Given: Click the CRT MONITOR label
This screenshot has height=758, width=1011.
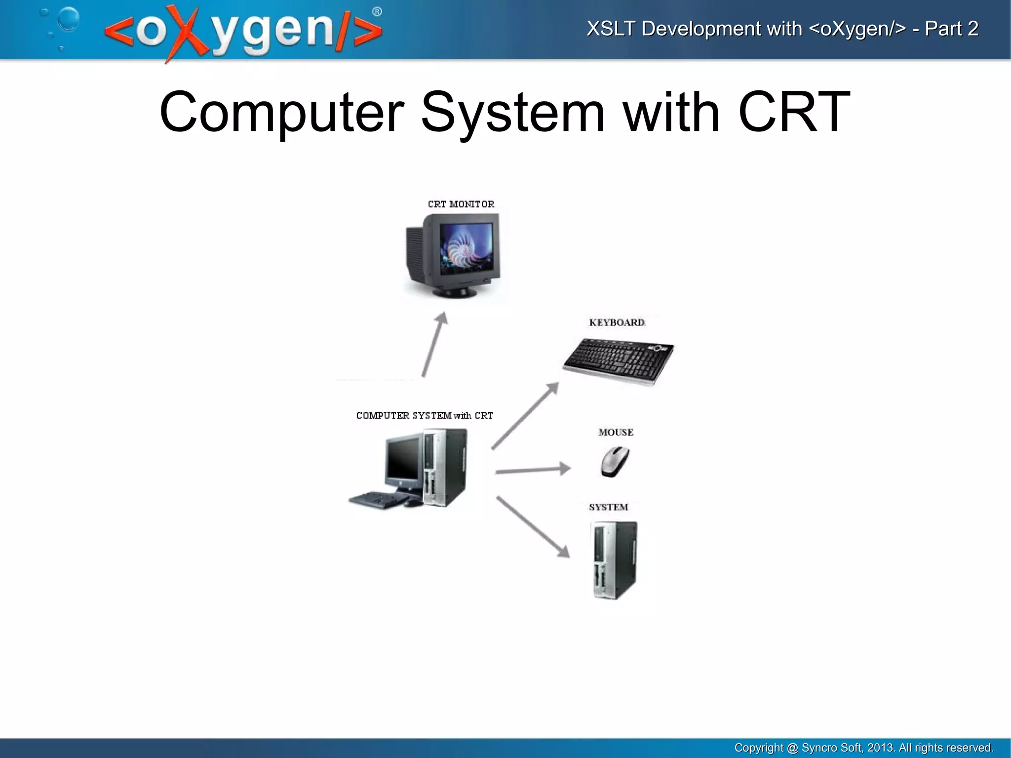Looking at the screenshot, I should click(461, 204).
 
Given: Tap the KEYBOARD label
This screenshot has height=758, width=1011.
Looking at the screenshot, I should click(617, 322).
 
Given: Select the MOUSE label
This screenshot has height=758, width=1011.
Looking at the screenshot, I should click(616, 433).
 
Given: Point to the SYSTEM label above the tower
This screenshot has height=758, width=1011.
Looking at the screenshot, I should click(608, 507).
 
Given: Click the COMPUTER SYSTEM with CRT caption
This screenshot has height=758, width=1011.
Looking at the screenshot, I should click(424, 415).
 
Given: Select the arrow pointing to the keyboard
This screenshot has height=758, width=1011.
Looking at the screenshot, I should click(525, 416).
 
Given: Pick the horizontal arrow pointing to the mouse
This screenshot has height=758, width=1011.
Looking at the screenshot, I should click(533, 470).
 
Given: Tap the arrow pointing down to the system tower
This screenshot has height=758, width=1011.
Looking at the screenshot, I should click(533, 527).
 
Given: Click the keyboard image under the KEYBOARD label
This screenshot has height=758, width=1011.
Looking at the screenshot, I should click(618, 361).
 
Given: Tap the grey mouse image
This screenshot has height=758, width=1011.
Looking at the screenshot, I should click(615, 462).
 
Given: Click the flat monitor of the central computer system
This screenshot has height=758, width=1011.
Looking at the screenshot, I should click(404, 460).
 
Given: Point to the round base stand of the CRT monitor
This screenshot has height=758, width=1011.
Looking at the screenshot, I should click(455, 292).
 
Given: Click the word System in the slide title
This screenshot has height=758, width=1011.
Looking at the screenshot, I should click(513, 113).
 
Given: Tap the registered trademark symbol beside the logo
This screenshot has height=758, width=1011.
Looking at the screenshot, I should click(377, 12).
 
